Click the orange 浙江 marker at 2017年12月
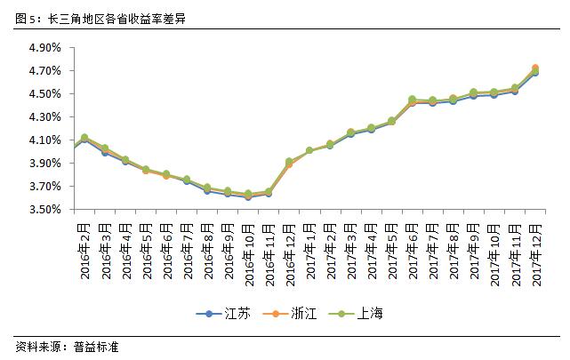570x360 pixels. [x=535, y=68]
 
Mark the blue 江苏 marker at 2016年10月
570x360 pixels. [x=248, y=197]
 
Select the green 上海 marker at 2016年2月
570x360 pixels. [x=84, y=138]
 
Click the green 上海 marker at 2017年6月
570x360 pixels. [x=413, y=100]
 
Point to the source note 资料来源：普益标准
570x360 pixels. [x=67, y=347]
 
